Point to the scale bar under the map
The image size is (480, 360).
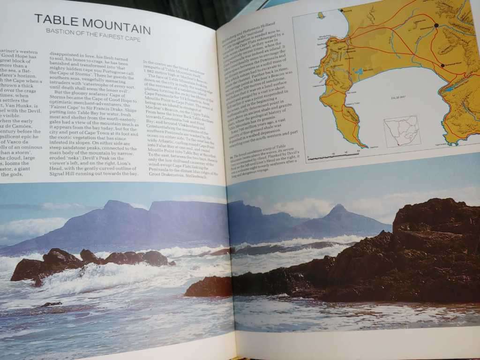click(x=333, y=156)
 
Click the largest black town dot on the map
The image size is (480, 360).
click(x=436, y=25)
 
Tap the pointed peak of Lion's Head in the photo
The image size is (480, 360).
click(x=338, y=207)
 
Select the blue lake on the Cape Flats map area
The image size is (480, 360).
click(x=360, y=72)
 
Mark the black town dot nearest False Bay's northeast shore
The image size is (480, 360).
click(x=442, y=66)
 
